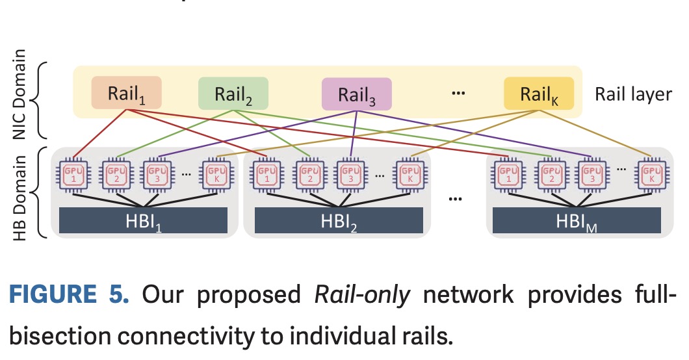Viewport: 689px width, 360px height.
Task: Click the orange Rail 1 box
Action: coord(126,94)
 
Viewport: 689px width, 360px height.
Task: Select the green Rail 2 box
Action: coord(233,94)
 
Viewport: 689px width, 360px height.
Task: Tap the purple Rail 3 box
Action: coord(356,94)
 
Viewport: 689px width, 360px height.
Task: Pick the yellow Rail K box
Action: coord(539,94)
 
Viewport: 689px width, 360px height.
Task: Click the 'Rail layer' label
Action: coord(633,94)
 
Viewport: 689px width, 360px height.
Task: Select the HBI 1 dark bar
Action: coord(143,220)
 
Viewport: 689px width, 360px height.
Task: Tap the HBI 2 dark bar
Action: coord(338,220)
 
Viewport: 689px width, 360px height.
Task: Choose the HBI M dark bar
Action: coord(577,220)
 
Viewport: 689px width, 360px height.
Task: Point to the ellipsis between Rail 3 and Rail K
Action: coord(458,94)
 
